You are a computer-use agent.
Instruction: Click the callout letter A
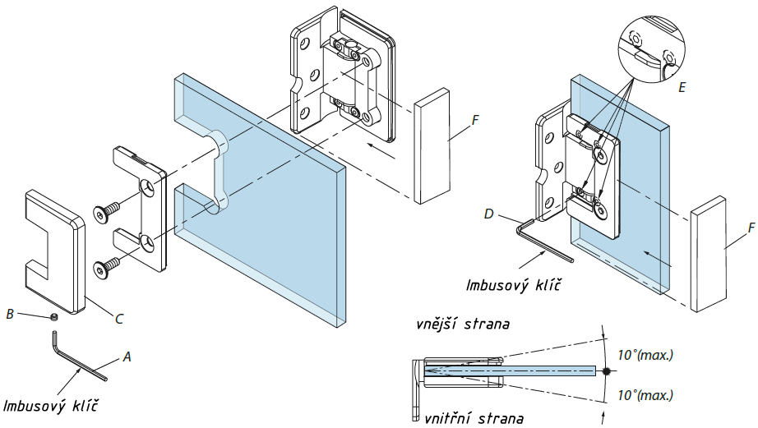pyautogui.click(x=127, y=357)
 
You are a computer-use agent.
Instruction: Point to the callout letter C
pyautogui.click(x=119, y=315)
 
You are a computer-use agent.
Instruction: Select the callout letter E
pyautogui.click(x=682, y=85)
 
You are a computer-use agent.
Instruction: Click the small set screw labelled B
pyautogui.click(x=53, y=316)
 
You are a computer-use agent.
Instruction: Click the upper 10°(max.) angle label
pyautogui.click(x=645, y=356)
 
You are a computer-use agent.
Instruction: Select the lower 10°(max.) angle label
pyautogui.click(x=645, y=394)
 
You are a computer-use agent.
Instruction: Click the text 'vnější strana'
pyautogui.click(x=463, y=324)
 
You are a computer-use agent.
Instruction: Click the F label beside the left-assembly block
pyautogui.click(x=474, y=122)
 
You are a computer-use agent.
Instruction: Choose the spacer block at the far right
pyautogui.click(x=709, y=254)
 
